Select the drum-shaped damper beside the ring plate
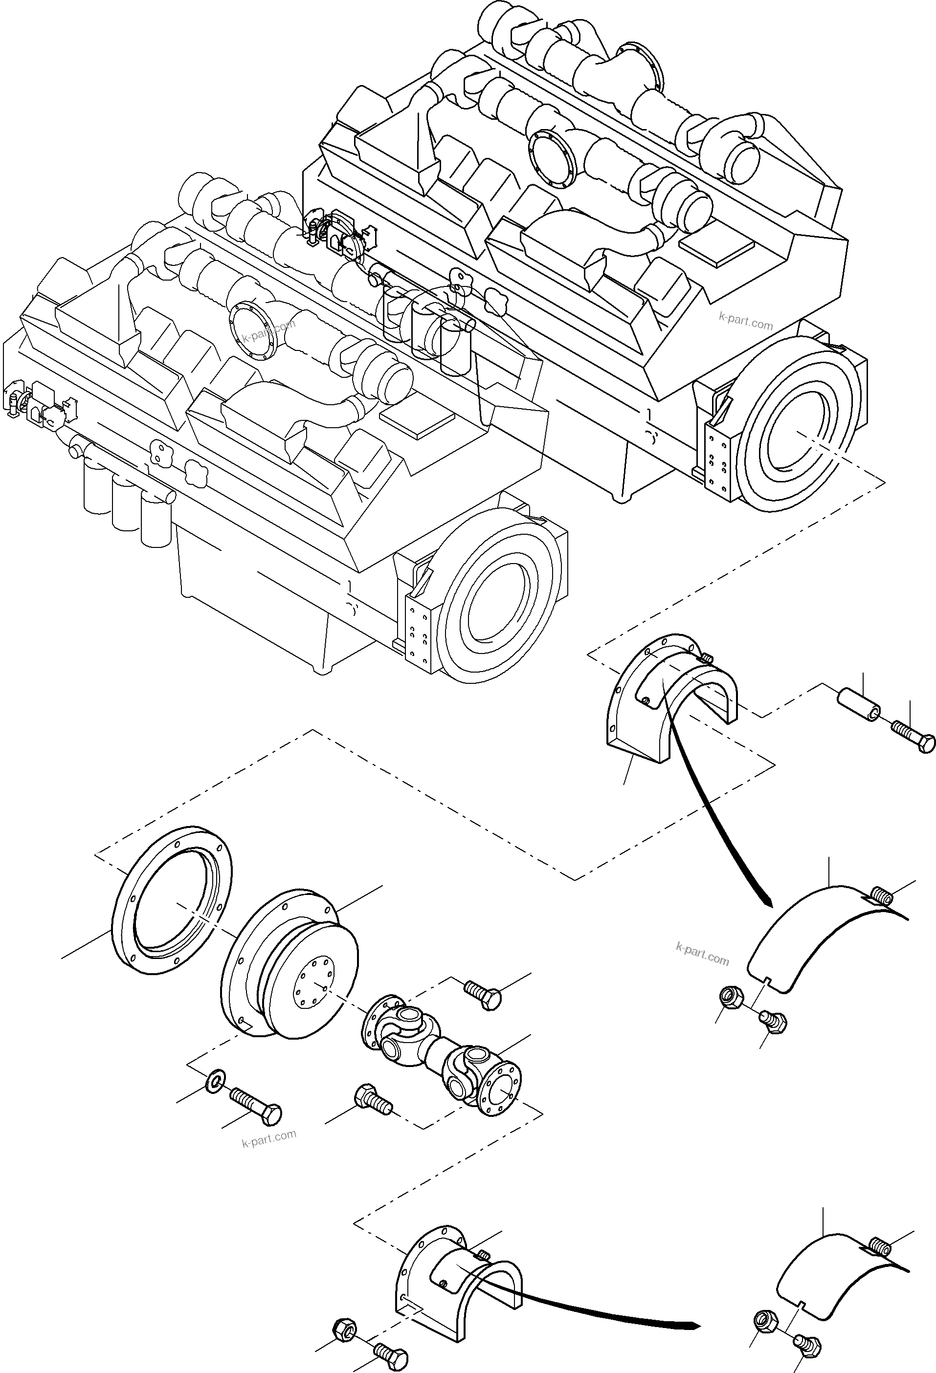[290, 969]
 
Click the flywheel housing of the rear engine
[798, 431]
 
